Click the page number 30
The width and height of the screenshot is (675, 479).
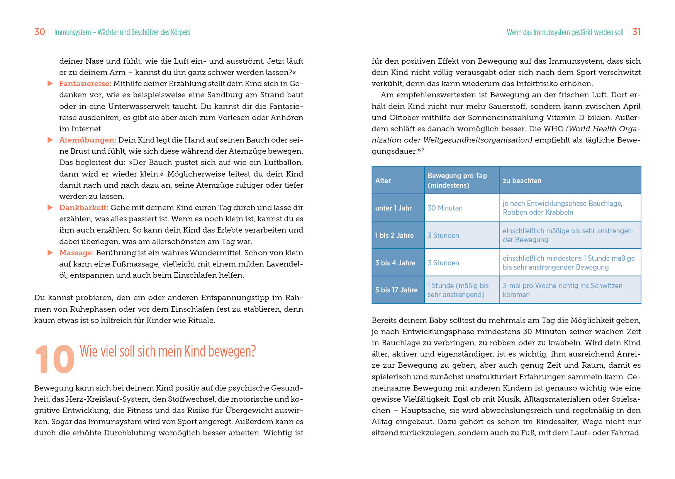(40, 32)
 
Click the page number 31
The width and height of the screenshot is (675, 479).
(636, 32)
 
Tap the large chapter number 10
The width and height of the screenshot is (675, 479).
(55, 360)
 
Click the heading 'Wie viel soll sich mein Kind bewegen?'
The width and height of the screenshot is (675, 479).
(168, 351)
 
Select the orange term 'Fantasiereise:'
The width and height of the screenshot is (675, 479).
(85, 83)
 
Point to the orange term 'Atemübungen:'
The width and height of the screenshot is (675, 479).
(88, 140)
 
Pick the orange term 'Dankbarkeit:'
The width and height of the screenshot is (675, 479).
(83, 207)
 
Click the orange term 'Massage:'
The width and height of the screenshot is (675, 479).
(76, 253)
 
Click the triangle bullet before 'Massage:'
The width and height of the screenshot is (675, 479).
(50, 253)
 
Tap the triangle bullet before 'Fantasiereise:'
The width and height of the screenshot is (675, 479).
(50, 83)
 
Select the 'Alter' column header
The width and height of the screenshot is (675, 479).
(383, 180)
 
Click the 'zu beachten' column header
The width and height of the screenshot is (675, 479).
(522, 180)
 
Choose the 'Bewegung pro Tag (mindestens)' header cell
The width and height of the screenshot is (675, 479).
(457, 180)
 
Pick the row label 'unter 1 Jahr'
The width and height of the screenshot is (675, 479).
(393, 208)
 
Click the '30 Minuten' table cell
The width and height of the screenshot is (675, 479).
(445, 208)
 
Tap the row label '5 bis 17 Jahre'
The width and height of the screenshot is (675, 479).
(396, 290)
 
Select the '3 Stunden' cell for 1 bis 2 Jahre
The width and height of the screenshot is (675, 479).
(443, 235)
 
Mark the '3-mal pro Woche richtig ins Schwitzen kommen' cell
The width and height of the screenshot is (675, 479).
(562, 290)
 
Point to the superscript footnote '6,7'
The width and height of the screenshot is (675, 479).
(421, 150)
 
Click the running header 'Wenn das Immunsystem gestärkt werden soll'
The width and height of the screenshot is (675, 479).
(565, 32)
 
